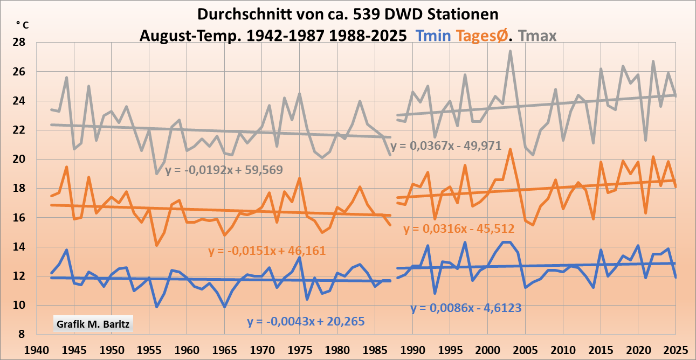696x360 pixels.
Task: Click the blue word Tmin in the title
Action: click(433, 36)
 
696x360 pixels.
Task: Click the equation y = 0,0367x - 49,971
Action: click(447, 146)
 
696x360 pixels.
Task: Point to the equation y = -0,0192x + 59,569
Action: click(224, 170)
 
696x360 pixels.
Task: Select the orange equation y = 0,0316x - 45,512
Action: click(459, 229)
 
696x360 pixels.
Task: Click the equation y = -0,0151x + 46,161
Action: click(267, 251)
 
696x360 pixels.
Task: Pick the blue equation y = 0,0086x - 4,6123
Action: click(466, 308)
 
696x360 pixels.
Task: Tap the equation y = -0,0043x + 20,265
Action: click(306, 322)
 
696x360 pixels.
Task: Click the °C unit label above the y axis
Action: click(22, 24)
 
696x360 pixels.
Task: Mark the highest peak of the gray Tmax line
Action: click(510, 51)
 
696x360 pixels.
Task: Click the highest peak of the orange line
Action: click(510, 149)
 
